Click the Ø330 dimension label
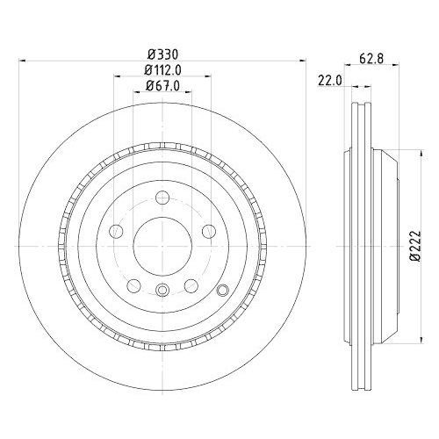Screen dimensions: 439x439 point(162,53)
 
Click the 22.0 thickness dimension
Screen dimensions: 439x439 point(329,81)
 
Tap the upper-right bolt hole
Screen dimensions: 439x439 point(208,231)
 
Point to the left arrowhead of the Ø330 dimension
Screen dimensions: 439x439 point(22,60)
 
